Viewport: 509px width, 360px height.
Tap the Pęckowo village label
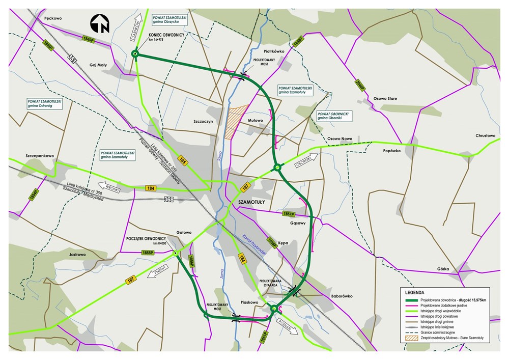(x=53, y=18)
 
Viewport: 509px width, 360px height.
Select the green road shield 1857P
(x=289, y=214)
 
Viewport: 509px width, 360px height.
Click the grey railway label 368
(x=169, y=199)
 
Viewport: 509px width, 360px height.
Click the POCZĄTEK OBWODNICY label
(x=146, y=238)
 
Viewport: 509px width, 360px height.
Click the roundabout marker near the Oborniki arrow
(x=277, y=167)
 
